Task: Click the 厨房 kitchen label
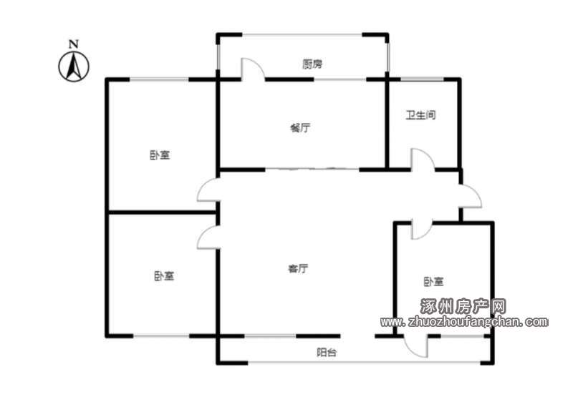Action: pyautogui.click(x=312, y=64)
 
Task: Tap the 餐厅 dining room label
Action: pyautogui.click(x=300, y=128)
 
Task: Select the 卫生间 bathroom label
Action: pyautogui.click(x=421, y=115)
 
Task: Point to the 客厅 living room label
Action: pyautogui.click(x=298, y=268)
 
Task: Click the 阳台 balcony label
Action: pyautogui.click(x=327, y=353)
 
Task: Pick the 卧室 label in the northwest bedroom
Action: pyautogui.click(x=160, y=155)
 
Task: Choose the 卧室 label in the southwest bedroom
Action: pyautogui.click(x=164, y=276)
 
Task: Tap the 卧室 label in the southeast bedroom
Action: pyautogui.click(x=433, y=282)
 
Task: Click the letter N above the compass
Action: pyautogui.click(x=74, y=44)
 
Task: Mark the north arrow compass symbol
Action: pyautogui.click(x=74, y=67)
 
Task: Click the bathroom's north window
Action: pyautogui.click(x=422, y=79)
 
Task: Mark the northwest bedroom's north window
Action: pyautogui.click(x=159, y=79)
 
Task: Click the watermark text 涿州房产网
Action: pyautogui.click(x=463, y=306)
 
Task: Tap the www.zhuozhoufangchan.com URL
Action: pyautogui.click(x=464, y=321)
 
